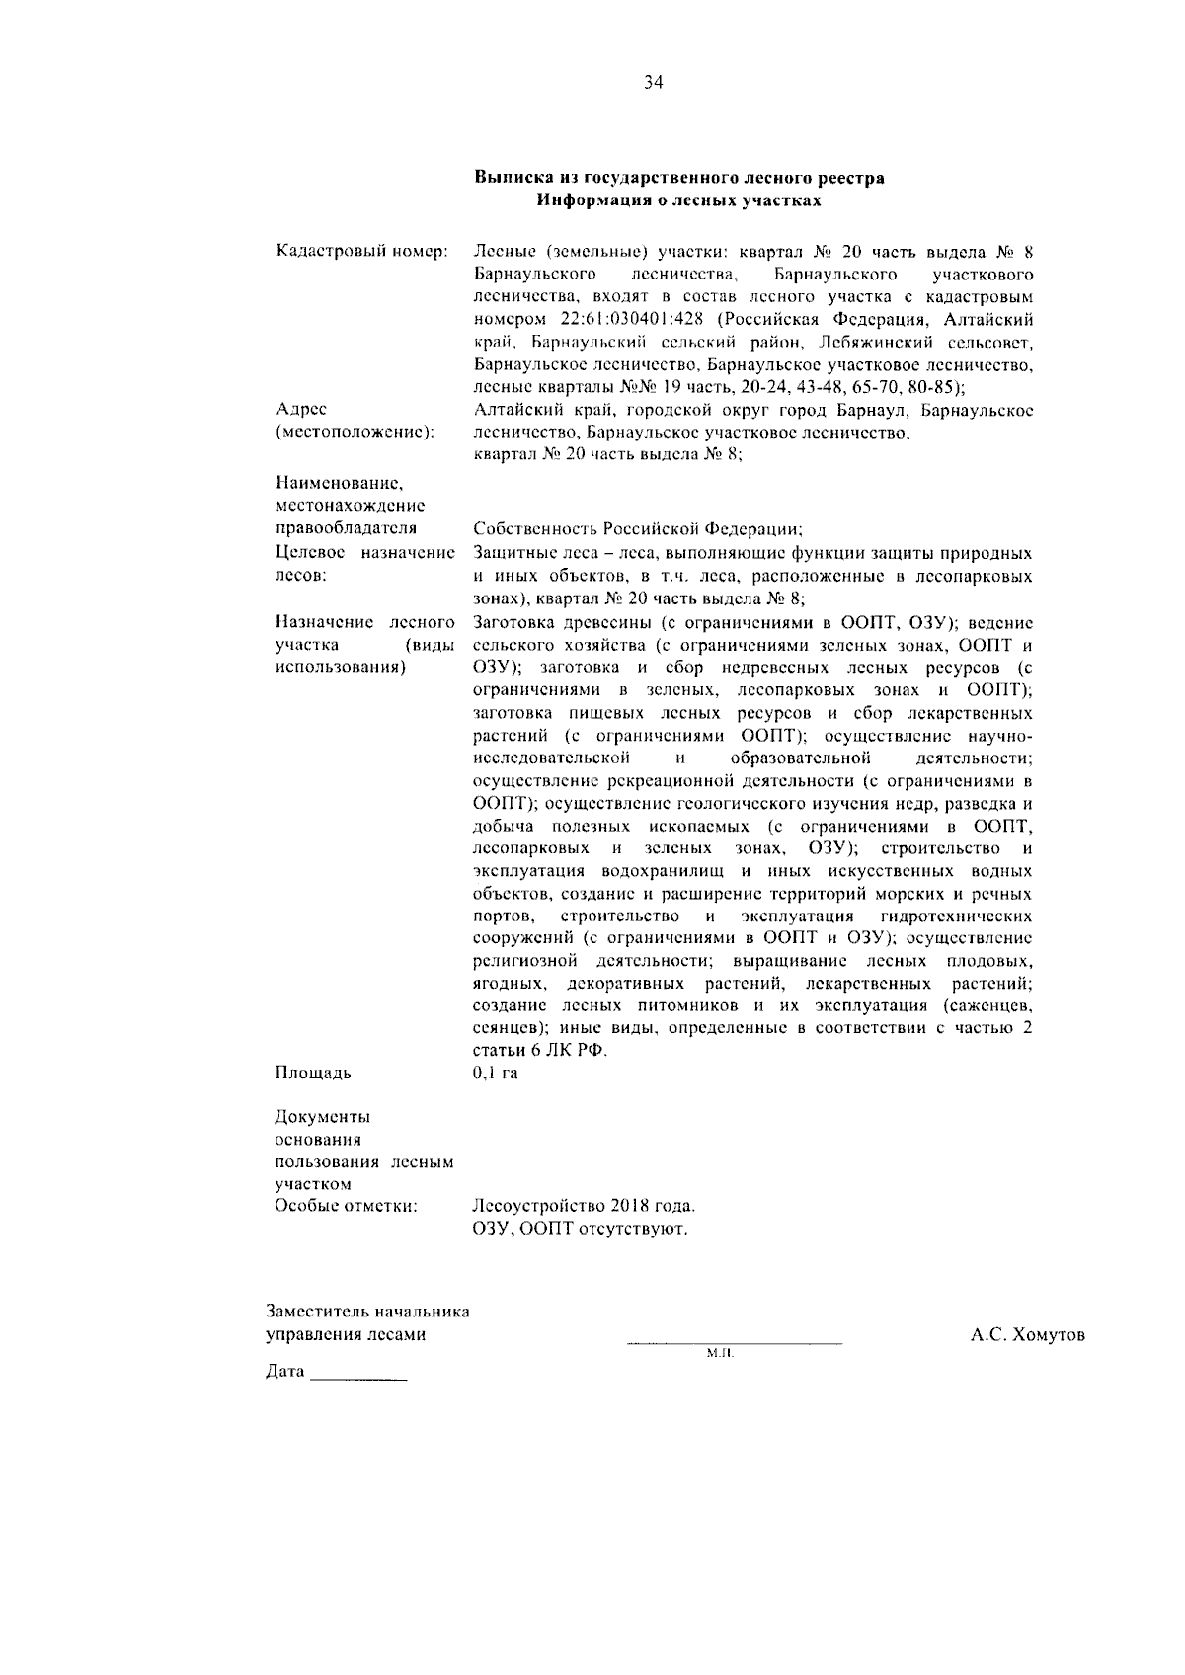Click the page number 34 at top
pyautogui.click(x=654, y=83)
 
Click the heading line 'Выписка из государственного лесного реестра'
pyautogui.click(x=678, y=179)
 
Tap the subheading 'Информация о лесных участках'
pyautogui.click(x=678, y=200)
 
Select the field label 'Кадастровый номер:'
pyautogui.click(x=362, y=251)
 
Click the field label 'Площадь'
pyautogui.click(x=312, y=1073)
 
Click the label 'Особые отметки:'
pyautogui.click(x=346, y=1206)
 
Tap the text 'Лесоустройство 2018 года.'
pyautogui.click(x=585, y=1206)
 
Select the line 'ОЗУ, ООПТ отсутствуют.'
pyautogui.click(x=580, y=1229)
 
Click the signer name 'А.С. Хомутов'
pyautogui.click(x=1027, y=1335)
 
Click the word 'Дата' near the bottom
pyautogui.click(x=285, y=1373)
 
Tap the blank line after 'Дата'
pyautogui.click(x=358, y=1377)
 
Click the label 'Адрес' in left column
pyautogui.click(x=301, y=409)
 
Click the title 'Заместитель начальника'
pyautogui.click(x=368, y=1313)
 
